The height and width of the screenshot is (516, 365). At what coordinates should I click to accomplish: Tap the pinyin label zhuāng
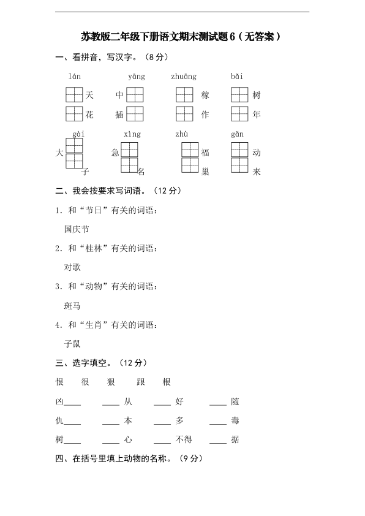184,77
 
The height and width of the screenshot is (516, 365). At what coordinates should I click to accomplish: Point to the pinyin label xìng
132,134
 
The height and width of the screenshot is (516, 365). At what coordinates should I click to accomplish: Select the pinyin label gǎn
238,134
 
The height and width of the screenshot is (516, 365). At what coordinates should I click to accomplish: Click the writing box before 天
74,95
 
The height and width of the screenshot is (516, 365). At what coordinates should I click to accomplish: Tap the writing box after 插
135,114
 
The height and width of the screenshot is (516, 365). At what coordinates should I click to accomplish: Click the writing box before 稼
184,95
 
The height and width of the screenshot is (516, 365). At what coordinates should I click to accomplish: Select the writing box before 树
239,95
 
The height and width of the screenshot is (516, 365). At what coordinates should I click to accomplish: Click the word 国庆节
77,229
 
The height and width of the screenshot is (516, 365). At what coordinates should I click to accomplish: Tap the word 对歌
72,267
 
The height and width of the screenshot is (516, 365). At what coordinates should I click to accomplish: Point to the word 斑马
72,305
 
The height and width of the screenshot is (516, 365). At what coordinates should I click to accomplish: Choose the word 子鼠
72,343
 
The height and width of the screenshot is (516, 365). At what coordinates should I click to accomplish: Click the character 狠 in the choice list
111,382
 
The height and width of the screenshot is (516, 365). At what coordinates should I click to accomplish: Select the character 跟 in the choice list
141,382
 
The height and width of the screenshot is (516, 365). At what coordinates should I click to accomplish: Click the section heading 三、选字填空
83,363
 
